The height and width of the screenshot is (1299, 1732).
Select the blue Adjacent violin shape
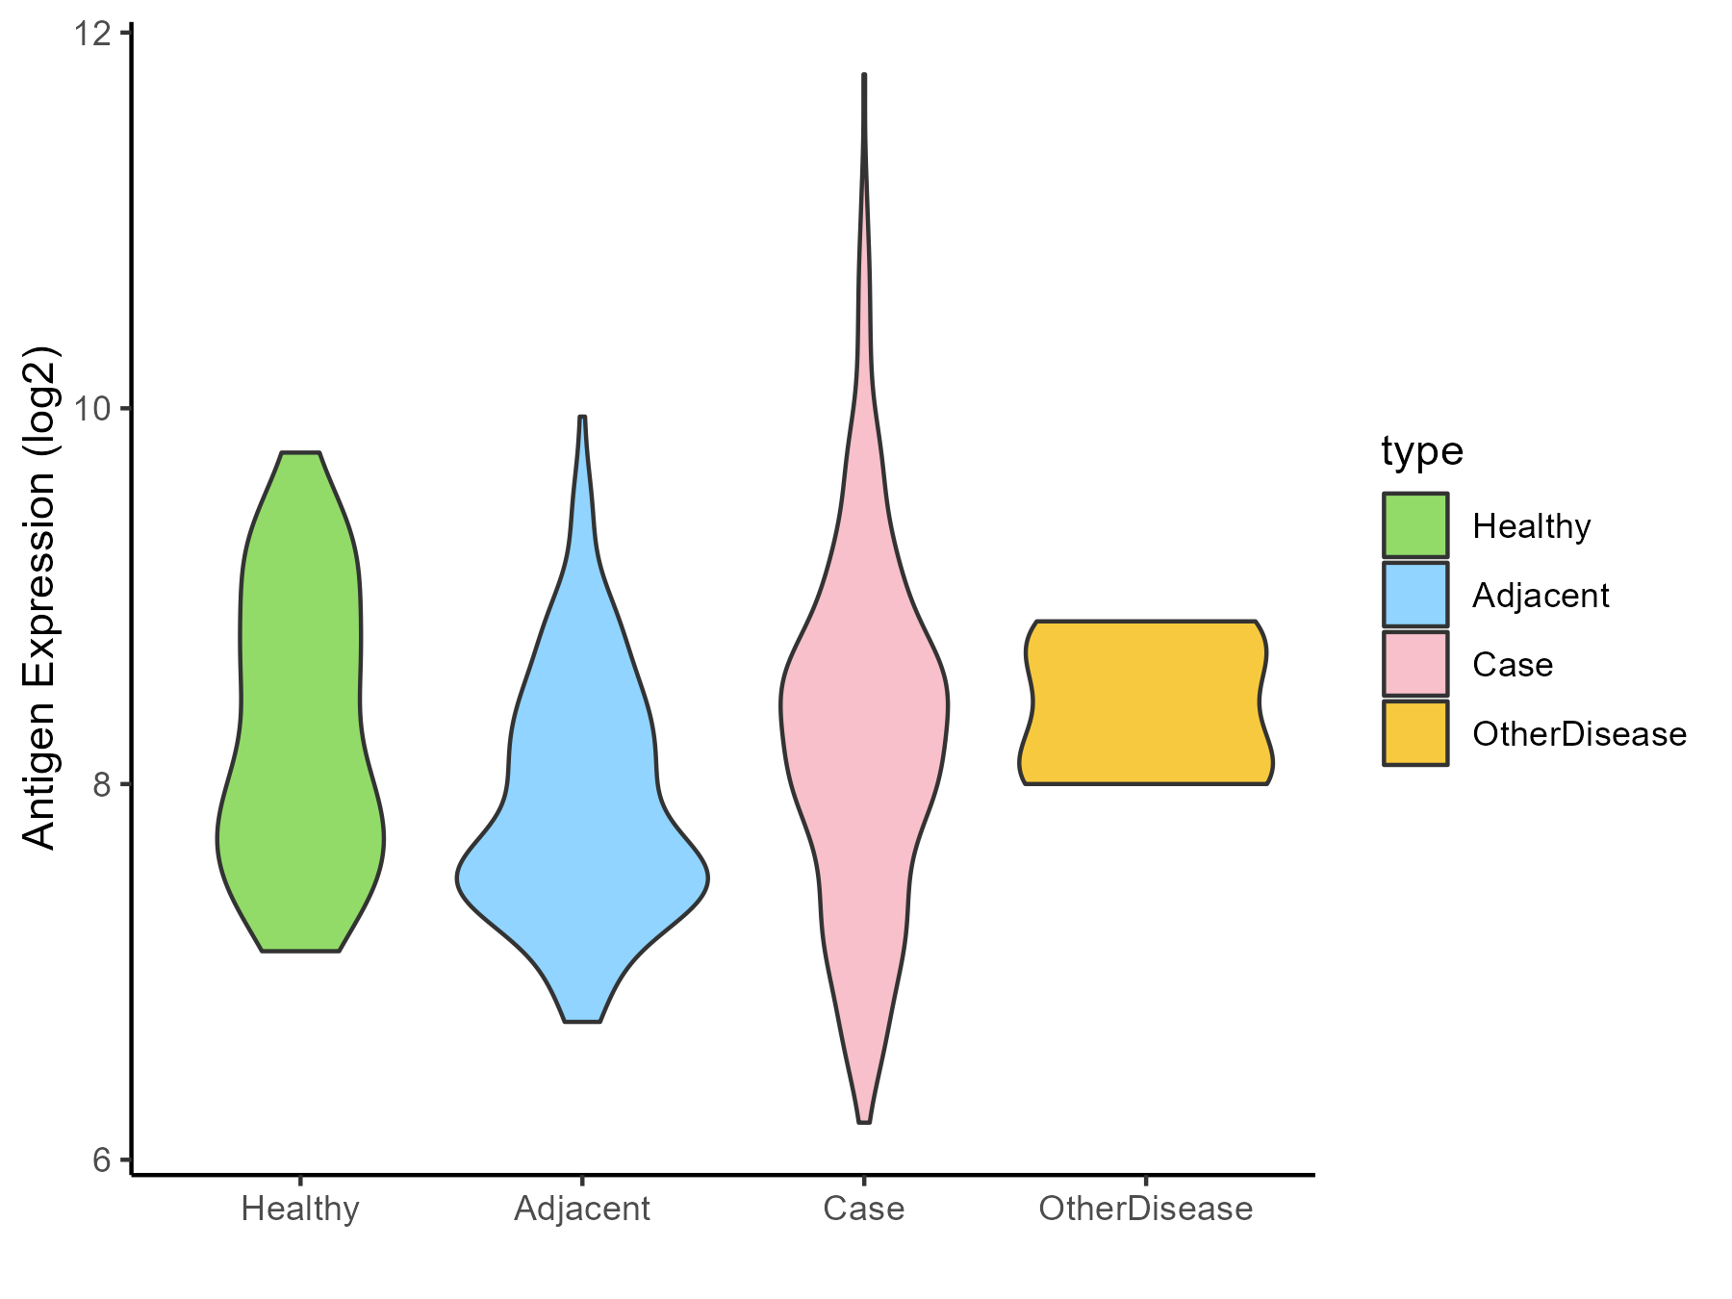point(582,818)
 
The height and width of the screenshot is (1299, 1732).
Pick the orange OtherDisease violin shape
point(1145,702)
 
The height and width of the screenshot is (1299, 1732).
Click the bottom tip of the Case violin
point(864,1121)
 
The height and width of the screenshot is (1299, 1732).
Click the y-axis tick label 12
point(90,34)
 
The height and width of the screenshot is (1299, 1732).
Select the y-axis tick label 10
point(90,409)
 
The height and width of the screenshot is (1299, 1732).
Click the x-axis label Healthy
point(300,1209)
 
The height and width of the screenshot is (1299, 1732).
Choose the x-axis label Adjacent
point(582,1209)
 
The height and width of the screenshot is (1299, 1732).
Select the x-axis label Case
point(864,1209)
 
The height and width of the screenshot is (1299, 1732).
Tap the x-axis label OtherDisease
point(1145,1209)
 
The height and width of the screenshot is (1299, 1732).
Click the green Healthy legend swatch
point(1415,525)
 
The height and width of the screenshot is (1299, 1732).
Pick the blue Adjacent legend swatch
point(1415,595)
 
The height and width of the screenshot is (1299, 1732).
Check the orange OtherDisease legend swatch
point(1415,733)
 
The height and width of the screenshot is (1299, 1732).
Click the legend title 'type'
point(1421,451)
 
